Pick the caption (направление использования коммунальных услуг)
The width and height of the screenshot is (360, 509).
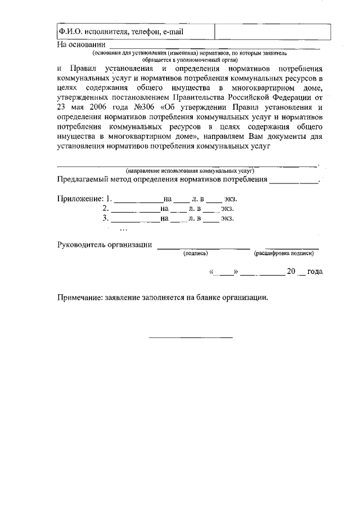(x=190, y=170)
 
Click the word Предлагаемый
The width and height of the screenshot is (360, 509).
(x=85, y=180)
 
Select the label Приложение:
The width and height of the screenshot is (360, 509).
(x=81, y=199)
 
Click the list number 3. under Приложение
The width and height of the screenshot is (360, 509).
(x=105, y=218)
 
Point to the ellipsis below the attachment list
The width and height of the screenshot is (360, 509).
(x=123, y=229)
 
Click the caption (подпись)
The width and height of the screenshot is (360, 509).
(x=195, y=254)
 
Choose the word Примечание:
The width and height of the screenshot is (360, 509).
(x=80, y=298)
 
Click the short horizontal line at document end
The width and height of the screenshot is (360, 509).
(x=190, y=337)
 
